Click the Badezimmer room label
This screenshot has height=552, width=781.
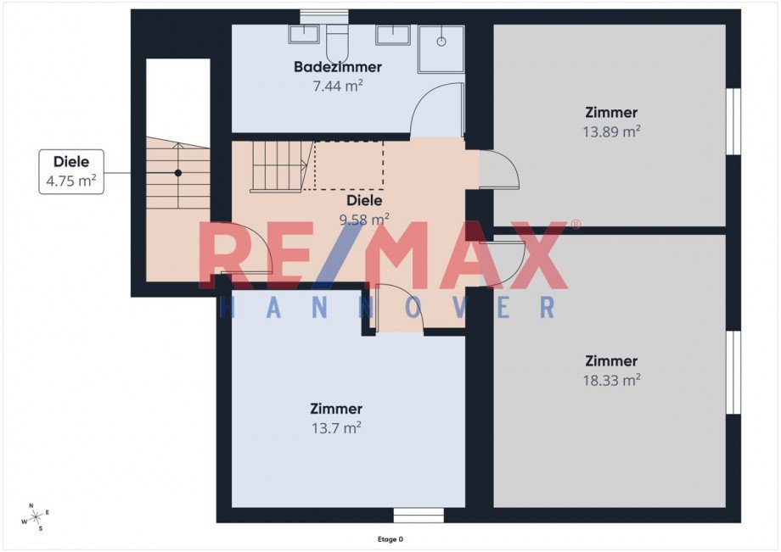click(x=338, y=67)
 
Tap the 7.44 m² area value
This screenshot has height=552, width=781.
click(x=338, y=86)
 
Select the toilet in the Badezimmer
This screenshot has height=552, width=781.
click(x=338, y=39)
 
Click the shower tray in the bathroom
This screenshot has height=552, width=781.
click(x=441, y=49)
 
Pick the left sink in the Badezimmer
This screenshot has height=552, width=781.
click(x=303, y=35)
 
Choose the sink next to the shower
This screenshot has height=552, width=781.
click(x=393, y=35)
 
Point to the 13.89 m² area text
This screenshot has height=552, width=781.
click(x=611, y=131)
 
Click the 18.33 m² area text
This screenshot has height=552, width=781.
click(x=611, y=381)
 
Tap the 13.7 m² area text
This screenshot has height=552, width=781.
click(x=336, y=428)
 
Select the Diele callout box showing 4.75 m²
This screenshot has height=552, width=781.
click(x=71, y=171)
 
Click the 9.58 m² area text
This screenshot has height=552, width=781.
click(x=363, y=219)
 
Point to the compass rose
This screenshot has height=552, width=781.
click(x=36, y=516)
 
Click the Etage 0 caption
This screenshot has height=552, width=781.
click(x=390, y=538)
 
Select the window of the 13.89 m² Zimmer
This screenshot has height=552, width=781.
click(x=733, y=121)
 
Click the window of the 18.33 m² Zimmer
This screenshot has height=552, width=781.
click(x=733, y=372)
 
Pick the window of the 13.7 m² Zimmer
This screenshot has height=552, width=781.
click(x=419, y=516)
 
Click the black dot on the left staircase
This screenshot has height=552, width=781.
click(x=178, y=173)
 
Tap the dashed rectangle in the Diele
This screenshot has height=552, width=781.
click(x=349, y=165)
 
